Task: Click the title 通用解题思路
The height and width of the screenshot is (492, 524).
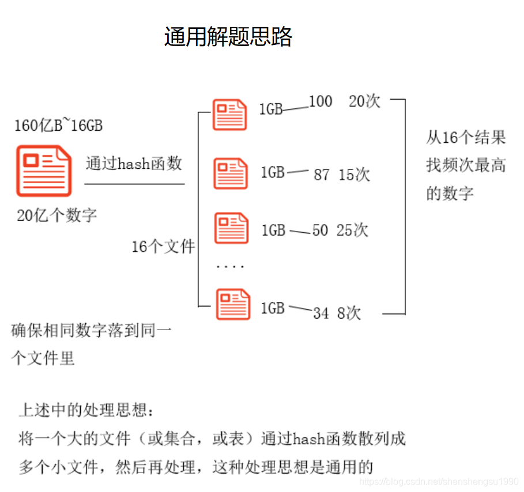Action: point(228,37)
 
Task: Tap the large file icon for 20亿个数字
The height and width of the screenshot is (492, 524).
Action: point(44,170)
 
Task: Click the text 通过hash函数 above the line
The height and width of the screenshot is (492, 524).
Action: point(134,164)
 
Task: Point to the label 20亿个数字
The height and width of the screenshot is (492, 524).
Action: point(57,216)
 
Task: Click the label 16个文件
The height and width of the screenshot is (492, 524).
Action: point(163,247)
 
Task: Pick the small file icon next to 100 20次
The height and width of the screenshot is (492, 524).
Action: point(230,114)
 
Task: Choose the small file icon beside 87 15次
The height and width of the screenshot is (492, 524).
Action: point(231,173)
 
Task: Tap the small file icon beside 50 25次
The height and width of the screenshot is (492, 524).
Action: point(231,228)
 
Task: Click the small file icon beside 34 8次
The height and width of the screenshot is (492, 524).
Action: point(233,304)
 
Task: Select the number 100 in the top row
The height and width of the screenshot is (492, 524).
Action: point(321,102)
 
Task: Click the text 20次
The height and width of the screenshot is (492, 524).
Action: point(365,102)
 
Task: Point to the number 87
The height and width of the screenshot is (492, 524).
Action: point(322,175)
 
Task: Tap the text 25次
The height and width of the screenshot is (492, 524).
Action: point(352,230)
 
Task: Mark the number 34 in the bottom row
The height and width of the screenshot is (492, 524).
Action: point(321,313)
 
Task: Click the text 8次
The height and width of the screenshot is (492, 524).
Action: point(349,313)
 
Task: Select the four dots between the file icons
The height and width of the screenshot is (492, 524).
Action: point(230,267)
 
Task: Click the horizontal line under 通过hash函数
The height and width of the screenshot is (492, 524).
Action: point(134,184)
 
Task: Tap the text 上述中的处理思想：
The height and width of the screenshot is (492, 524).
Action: point(86,411)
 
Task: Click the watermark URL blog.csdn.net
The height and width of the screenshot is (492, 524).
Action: point(438,482)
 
